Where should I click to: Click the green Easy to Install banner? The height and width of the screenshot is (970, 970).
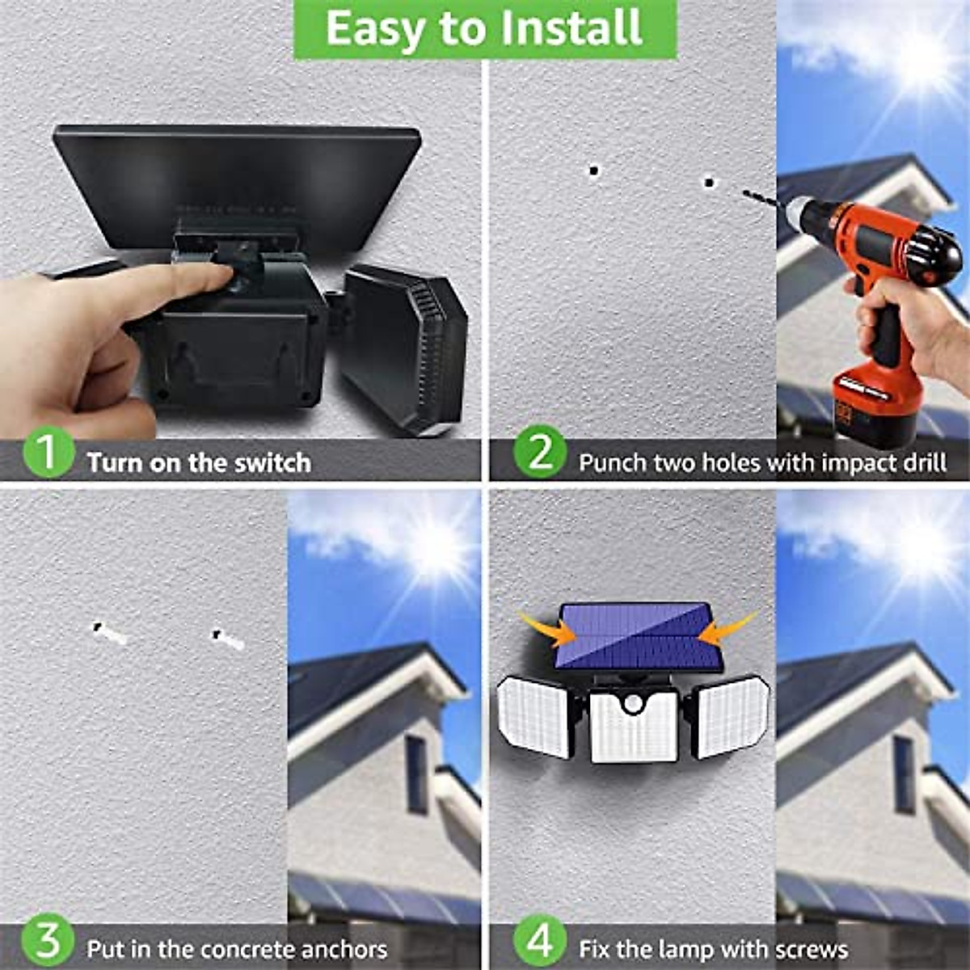point(484,29)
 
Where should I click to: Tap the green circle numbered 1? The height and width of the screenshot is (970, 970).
point(48,453)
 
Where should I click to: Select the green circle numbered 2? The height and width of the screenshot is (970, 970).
point(540,453)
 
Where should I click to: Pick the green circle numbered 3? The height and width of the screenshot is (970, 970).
point(48,941)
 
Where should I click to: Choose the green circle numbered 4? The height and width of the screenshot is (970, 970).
point(540,941)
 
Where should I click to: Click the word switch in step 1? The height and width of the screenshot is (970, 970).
point(272,463)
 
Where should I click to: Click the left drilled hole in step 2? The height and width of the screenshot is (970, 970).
point(594,171)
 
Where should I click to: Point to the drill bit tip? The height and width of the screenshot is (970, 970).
point(745,192)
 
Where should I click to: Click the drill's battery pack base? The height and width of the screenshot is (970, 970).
point(873,412)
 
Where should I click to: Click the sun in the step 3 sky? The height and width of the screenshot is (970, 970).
point(437,546)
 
